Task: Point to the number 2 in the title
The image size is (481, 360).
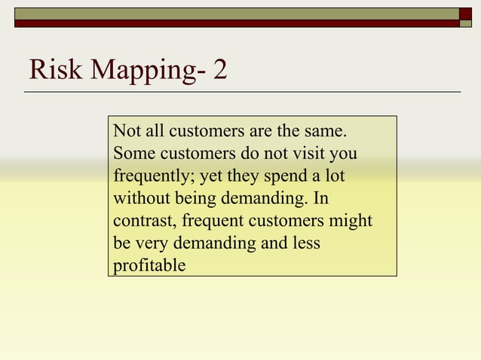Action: (219, 71)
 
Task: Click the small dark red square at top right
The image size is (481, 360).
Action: (465, 14)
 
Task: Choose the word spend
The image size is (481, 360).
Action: (284, 177)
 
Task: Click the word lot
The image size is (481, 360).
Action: (343, 177)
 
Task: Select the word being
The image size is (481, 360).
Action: (195, 200)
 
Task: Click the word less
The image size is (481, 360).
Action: (305, 244)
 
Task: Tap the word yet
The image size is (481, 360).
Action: (210, 178)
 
